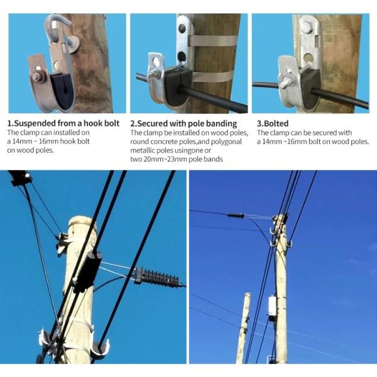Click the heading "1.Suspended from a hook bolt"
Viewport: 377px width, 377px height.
coord(63,124)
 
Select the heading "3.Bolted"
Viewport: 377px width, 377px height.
coord(273,124)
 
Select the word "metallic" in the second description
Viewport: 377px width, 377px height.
coord(146,150)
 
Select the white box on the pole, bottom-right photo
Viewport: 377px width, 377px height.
coord(272,306)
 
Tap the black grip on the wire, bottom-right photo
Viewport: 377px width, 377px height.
coord(236,216)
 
